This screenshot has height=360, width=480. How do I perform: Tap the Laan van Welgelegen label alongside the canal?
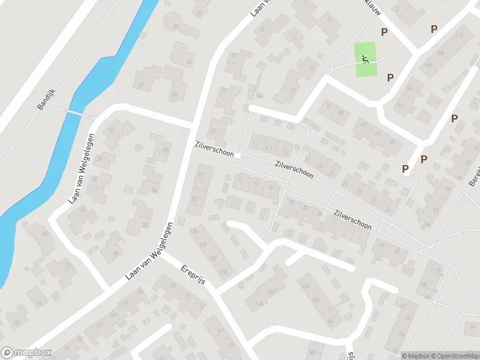tap(82, 169)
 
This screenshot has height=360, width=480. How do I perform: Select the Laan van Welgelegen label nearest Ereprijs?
tap(149, 250)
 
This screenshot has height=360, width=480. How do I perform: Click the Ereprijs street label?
tap(193, 277)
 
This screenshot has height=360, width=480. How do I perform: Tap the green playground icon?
tap(365, 59)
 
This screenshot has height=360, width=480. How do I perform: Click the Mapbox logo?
tap(26, 353)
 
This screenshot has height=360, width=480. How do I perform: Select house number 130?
tap(193, 231)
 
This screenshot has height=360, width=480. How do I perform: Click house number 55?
tap(194, 199)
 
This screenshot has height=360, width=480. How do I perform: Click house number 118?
tap(223, 273)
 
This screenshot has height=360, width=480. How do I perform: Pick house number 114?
tap(259, 304)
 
